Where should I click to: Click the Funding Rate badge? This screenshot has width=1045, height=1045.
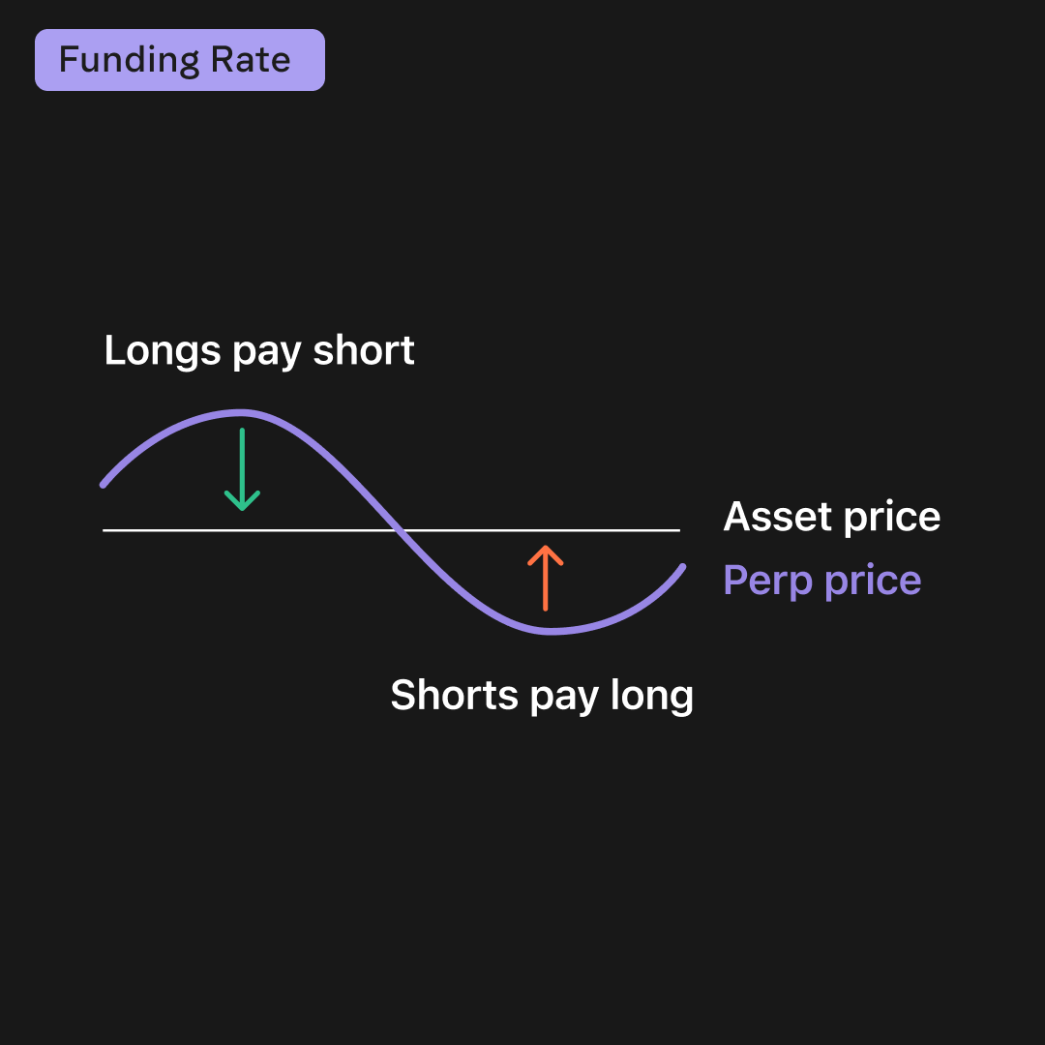coord(180,60)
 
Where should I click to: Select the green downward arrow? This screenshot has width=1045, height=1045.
coord(242,469)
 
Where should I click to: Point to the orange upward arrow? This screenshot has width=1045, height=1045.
coord(546,578)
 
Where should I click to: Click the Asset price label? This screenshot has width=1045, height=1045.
coord(831,517)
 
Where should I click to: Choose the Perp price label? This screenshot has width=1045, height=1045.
coord(821,581)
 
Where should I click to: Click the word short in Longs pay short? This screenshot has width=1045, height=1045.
coord(364,350)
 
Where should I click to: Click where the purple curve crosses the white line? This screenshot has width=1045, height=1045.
coord(398,530)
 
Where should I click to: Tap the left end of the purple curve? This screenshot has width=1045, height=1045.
coord(104,484)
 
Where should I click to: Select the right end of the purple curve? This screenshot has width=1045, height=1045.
coord(683,567)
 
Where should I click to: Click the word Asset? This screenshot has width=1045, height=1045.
coord(777,517)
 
